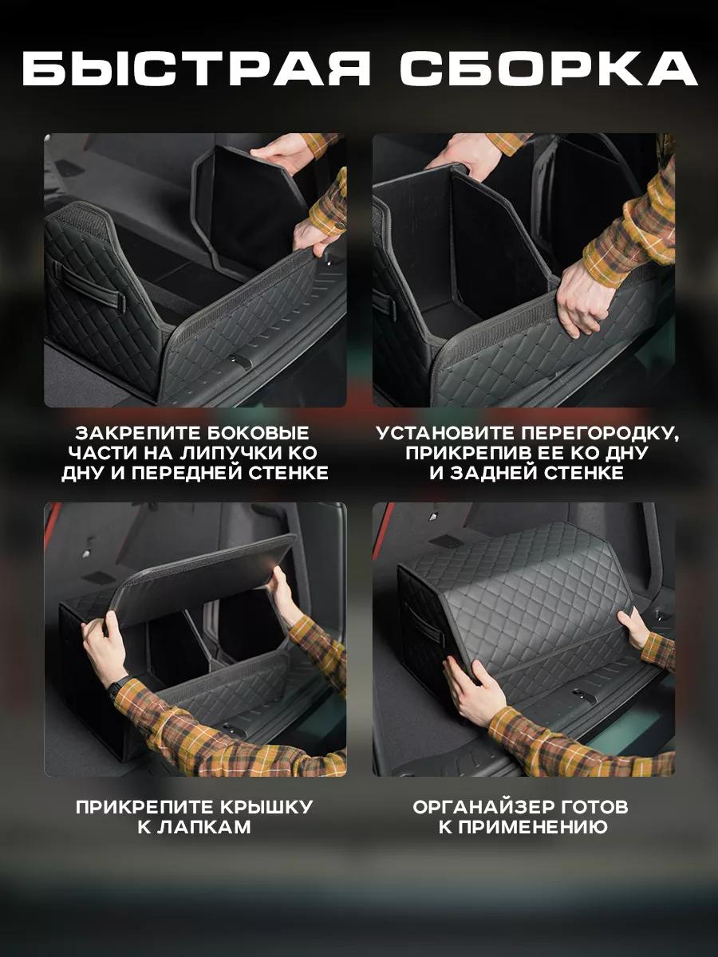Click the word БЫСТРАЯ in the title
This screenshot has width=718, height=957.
196,69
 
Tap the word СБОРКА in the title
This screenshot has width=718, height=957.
549,69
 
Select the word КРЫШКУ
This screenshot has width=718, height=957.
266,807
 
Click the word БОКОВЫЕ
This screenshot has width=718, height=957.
256,433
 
